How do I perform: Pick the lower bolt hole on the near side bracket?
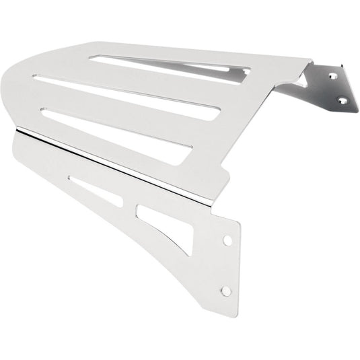(x=226, y=291)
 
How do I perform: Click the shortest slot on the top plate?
(x=168, y=64)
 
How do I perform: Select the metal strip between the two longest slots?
(x=121, y=111)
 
